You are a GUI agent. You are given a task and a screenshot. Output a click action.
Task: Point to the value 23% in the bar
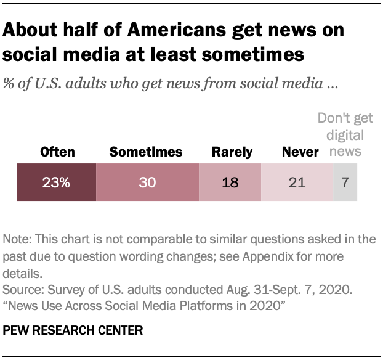[56, 183]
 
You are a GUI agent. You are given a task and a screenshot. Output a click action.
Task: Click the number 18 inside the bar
[230, 183]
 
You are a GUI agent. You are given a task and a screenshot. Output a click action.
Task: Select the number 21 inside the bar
[297, 183]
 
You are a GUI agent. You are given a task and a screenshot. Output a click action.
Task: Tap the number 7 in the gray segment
[345, 183]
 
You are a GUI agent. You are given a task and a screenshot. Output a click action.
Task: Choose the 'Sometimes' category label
[146, 152]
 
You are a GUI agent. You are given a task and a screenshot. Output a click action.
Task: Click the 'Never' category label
[300, 152]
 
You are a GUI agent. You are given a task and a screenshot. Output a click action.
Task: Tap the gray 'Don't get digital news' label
[341, 135]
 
